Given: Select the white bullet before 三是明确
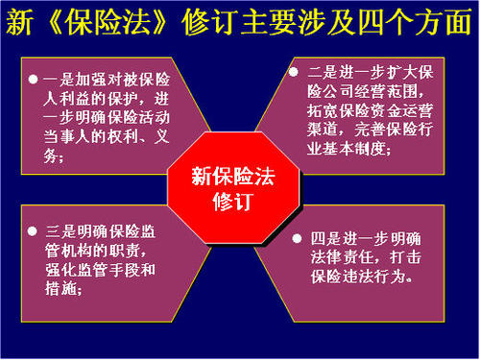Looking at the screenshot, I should tap(34, 231).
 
